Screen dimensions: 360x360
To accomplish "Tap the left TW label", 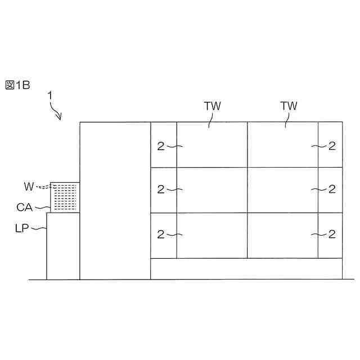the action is coord(212,106).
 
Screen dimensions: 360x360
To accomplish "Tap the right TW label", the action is coord(289,106).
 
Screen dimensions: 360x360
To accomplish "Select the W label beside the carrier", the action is coord(29,186).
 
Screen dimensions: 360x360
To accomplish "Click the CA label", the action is coord(24,208).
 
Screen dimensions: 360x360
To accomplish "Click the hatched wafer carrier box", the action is coord(65,197).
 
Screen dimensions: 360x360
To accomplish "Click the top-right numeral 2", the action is coord(332,146).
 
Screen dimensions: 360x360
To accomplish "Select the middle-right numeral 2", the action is coord(332,189).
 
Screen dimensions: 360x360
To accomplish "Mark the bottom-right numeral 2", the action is coord(332,233).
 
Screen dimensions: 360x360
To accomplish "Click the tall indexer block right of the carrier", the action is coord(115,200).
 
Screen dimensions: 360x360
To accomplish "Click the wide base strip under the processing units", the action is coord(246,269).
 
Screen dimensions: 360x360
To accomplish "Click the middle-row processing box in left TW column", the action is coord(212,190).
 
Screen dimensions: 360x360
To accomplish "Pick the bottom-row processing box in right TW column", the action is coord(283,236).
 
